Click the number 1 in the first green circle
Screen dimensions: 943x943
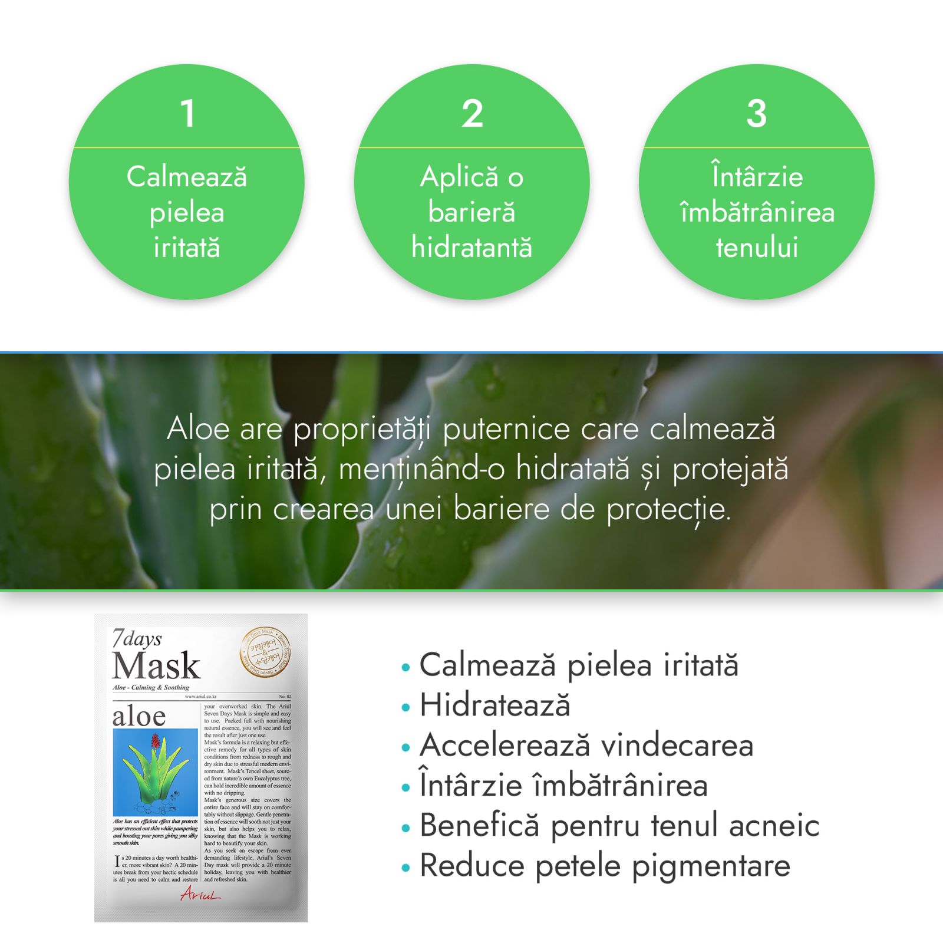(187, 113)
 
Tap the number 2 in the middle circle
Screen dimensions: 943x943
(472, 113)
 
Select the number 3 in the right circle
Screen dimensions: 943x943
(757, 113)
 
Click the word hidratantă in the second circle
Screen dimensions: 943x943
(471, 247)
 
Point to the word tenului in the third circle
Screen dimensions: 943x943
(757, 247)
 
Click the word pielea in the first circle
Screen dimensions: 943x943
(187, 213)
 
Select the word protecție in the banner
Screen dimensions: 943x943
(668, 510)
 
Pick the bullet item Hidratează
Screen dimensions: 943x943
(494, 705)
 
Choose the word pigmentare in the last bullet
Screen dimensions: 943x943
(711, 866)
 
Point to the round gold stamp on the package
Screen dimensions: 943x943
(265, 653)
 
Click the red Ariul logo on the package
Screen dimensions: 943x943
(200, 895)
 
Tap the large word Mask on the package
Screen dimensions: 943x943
(156, 666)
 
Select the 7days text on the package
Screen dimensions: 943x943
(137, 639)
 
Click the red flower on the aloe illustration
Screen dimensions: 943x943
(156, 741)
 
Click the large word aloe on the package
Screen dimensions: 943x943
(139, 716)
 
